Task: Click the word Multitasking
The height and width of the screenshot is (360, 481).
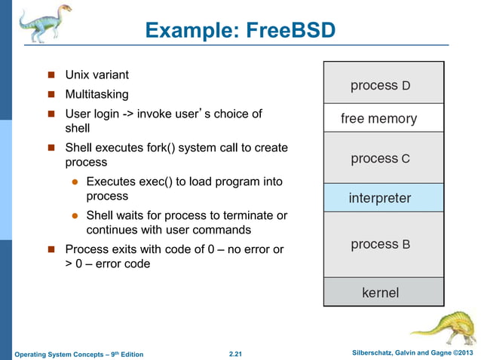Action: coord(97,95)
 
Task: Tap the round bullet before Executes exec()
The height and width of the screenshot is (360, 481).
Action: coord(75,182)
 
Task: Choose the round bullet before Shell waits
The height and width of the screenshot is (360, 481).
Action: coord(75,216)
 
